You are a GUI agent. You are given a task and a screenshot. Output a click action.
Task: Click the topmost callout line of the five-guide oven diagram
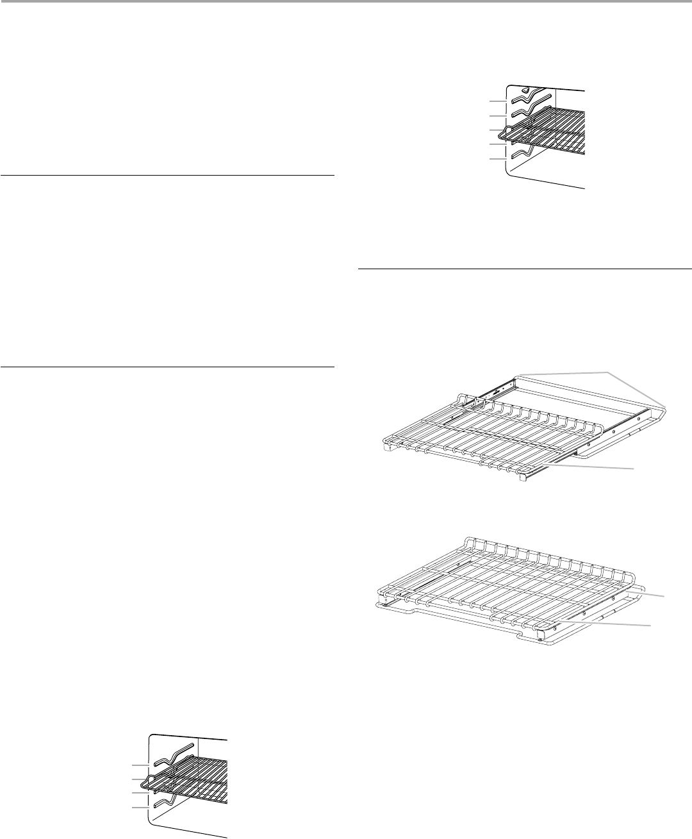[497, 101]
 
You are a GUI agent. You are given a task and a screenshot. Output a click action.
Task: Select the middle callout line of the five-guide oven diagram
[497, 131]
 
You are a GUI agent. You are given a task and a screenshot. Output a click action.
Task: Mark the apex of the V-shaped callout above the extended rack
[606, 371]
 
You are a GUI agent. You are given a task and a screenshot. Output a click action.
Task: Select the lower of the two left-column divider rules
[167, 367]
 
